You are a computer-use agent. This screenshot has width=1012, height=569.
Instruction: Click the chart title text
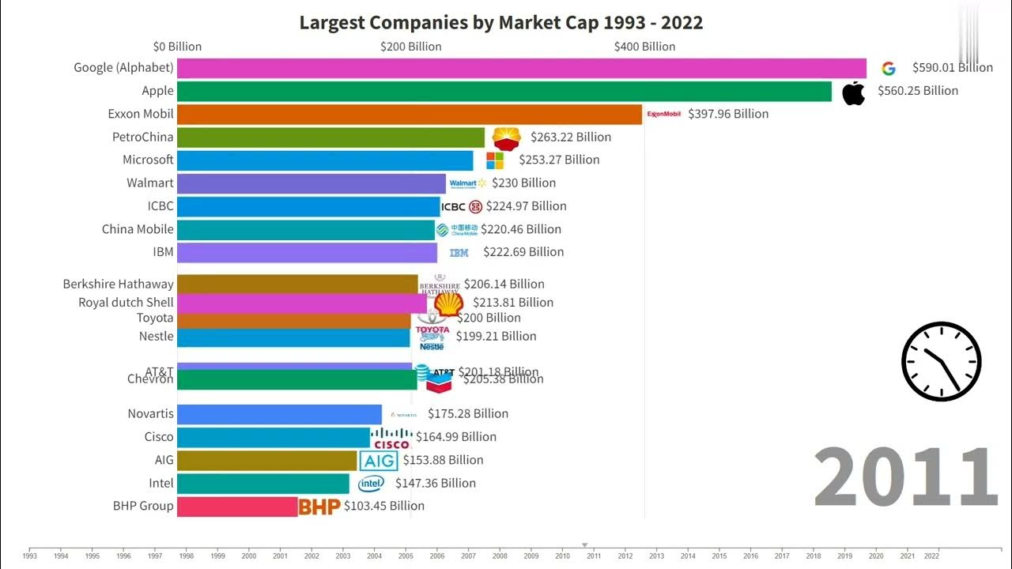(x=500, y=22)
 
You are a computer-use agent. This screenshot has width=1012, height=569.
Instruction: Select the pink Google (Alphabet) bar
(x=521, y=68)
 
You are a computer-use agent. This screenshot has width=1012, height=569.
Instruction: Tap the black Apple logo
(x=853, y=92)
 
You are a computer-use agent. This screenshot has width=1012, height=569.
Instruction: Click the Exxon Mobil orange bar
(x=410, y=114)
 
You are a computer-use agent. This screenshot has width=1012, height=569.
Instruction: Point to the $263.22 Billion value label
(x=570, y=137)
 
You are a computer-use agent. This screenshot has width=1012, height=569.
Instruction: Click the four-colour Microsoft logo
(x=495, y=160)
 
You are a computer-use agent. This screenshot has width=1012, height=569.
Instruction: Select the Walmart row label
(x=149, y=183)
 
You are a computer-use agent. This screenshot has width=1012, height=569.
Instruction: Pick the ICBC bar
(x=308, y=206)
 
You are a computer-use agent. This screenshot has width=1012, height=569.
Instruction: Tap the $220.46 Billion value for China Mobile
(x=520, y=229)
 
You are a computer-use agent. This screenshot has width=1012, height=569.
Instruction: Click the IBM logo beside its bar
(x=459, y=253)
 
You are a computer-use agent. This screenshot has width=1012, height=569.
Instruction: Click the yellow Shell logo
(x=448, y=303)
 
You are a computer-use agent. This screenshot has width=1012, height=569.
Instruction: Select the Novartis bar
(x=279, y=414)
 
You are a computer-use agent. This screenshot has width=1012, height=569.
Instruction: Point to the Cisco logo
(x=391, y=438)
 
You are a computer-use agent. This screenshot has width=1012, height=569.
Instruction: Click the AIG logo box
(x=379, y=461)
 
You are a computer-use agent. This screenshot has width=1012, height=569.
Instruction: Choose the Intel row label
(x=160, y=483)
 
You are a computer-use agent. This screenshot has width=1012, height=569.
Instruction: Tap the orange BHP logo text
(x=319, y=507)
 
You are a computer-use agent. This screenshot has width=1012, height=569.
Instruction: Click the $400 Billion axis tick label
(x=644, y=47)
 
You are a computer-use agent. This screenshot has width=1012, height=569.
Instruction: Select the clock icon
(x=941, y=361)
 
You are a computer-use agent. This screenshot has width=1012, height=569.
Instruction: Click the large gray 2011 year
(x=905, y=477)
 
